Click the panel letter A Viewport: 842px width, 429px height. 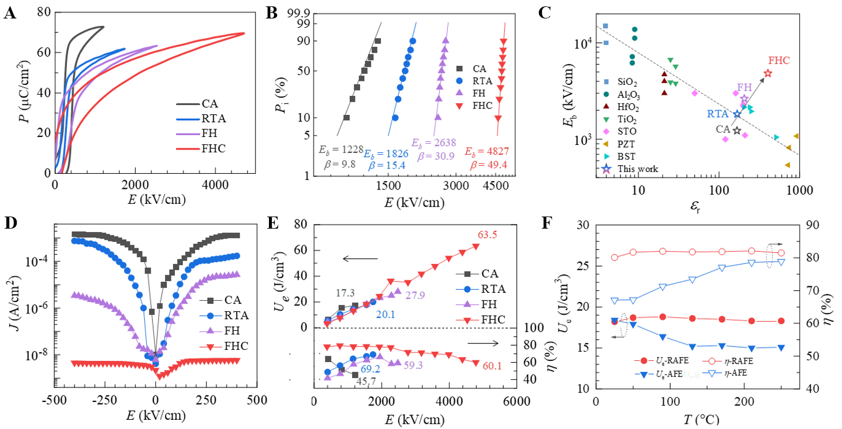click(x=10, y=13)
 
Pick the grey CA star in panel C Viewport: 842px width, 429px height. click(x=737, y=130)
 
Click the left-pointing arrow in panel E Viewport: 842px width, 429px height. click(x=360, y=258)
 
